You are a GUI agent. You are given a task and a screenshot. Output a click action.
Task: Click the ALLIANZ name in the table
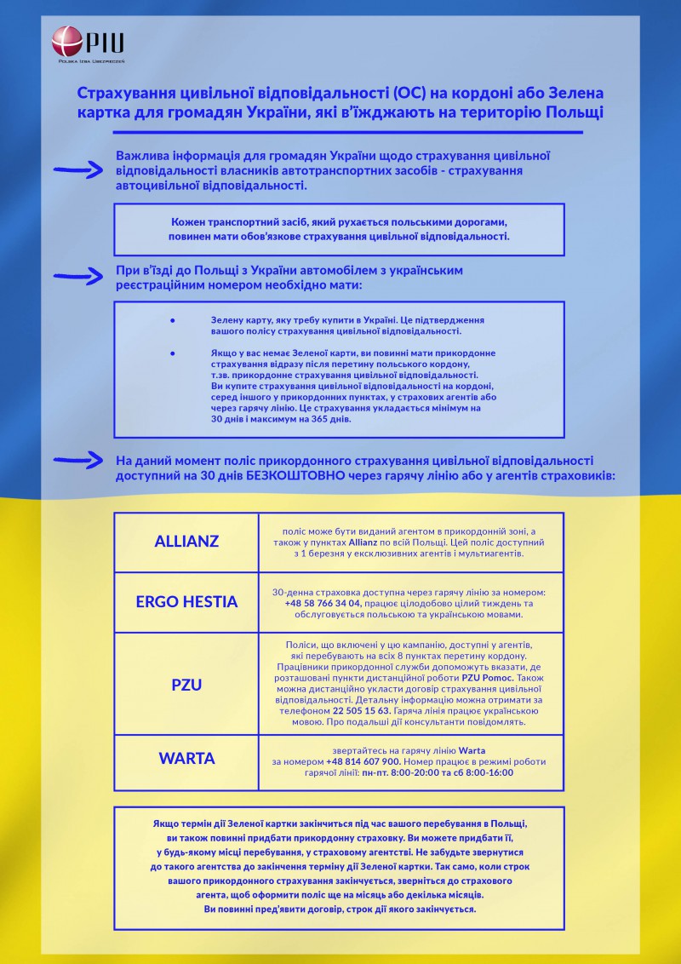[x=186, y=542]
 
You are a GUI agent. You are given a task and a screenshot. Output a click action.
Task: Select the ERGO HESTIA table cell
[x=186, y=602]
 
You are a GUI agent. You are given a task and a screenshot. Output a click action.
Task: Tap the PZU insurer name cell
[x=186, y=684]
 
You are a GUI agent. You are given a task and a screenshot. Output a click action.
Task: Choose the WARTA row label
[x=186, y=758]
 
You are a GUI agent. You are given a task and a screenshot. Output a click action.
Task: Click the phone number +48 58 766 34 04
[x=323, y=603]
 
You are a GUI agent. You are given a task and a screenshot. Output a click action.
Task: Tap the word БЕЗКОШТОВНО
[x=294, y=475]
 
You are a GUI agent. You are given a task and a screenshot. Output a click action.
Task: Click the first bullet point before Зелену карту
[x=173, y=320]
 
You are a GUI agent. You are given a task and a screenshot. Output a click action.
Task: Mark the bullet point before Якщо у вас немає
[x=173, y=353]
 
